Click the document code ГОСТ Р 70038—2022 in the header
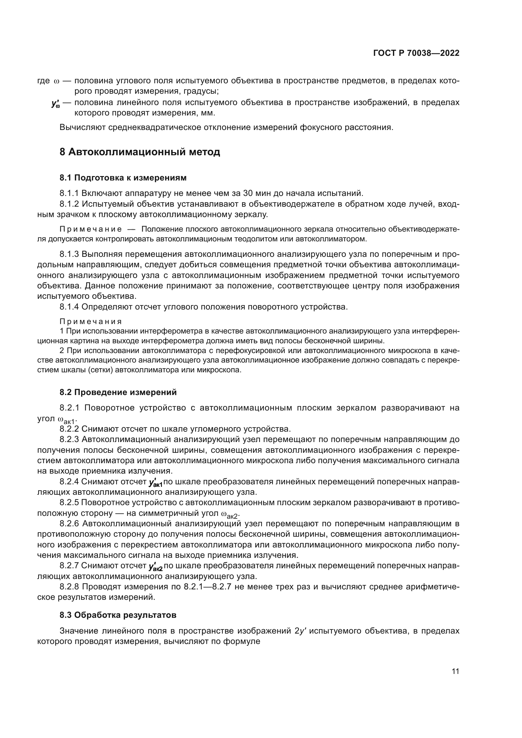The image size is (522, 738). coord(416,53)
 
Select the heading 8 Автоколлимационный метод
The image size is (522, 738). coord(140,152)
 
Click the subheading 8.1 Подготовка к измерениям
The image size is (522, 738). coord(123,178)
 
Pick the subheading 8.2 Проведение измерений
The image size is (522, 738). coord(118,392)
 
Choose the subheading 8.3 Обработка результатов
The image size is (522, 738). coord(118,615)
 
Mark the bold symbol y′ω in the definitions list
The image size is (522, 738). coord(55,103)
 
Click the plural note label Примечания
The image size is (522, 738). coord(91,322)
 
